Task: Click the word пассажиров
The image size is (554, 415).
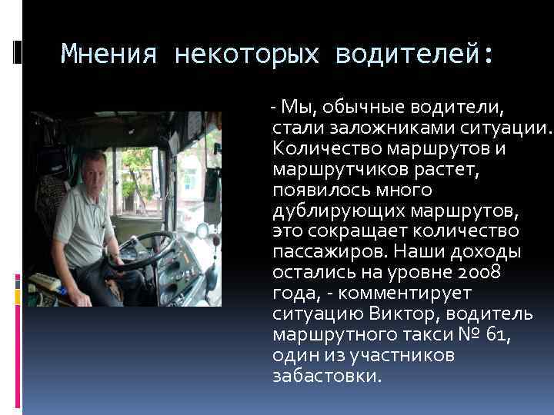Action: [x=324, y=252]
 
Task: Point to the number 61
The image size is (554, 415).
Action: [x=496, y=335]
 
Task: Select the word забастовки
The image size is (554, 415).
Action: [x=325, y=377]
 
